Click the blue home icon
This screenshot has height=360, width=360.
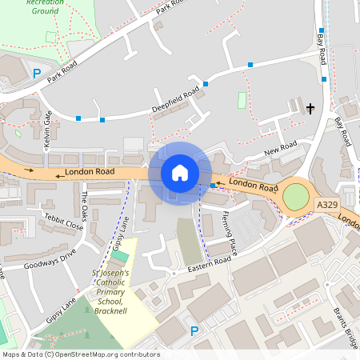(180, 173)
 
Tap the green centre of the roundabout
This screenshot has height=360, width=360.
(295, 196)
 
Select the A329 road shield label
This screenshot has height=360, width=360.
(326, 205)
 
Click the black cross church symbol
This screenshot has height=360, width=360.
(310, 106)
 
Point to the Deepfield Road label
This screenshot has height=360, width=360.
(175, 102)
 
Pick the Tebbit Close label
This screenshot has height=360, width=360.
(63, 222)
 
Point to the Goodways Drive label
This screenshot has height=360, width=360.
(50, 254)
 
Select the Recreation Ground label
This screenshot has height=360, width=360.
(46, 7)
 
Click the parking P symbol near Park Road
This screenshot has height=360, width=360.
(37, 73)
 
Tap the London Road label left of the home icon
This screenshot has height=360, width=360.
(85, 172)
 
